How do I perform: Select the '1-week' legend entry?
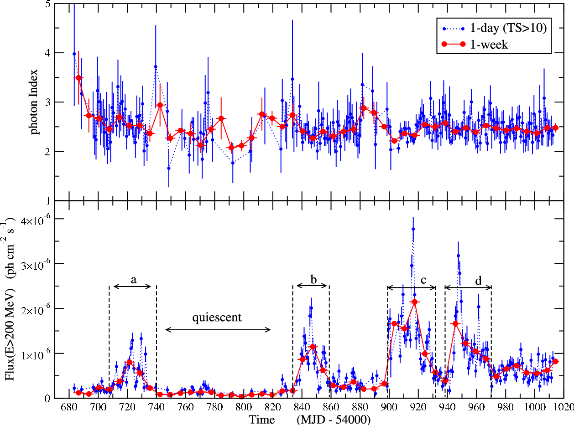coord(475,45)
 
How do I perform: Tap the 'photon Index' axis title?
coord(34,102)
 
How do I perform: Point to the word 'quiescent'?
coord(217,317)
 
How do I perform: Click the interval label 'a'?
coord(134,280)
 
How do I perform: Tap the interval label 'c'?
coord(423,280)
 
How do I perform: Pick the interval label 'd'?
coord(479,280)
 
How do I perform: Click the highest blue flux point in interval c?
coord(413,229)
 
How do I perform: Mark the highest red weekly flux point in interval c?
coord(415,302)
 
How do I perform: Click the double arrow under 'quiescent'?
coord(218,329)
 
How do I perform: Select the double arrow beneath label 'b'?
coord(312,286)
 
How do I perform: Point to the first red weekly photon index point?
coord(78,78)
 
